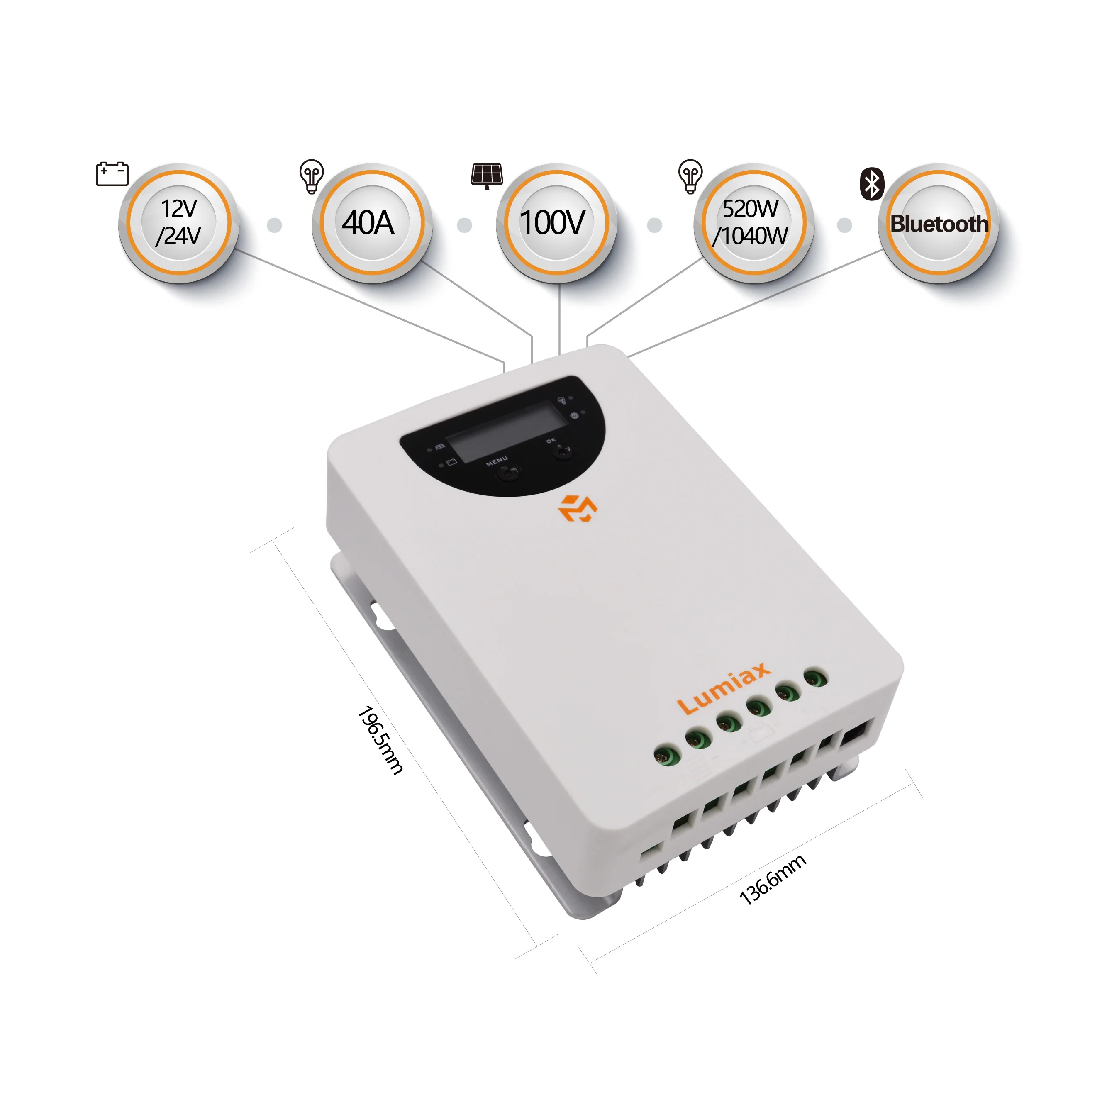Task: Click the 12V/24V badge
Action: (179, 223)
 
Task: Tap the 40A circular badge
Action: (372, 223)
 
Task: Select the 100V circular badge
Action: (556, 223)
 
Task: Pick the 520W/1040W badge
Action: (753, 223)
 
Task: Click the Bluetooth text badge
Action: (939, 223)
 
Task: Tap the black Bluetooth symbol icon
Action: (872, 184)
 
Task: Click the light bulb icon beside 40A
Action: (312, 176)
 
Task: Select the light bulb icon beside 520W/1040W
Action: (690, 176)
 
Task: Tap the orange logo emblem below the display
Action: (578, 508)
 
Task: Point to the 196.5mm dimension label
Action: (380, 740)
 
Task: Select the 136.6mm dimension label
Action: (773, 880)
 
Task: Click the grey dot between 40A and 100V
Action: (465, 225)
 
